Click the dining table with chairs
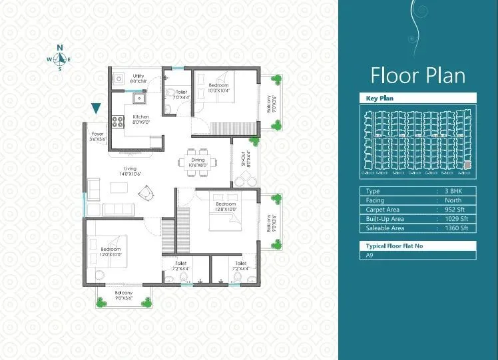click(198, 163)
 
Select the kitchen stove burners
click(119, 121)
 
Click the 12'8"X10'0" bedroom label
click(226, 206)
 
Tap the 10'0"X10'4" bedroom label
click(218, 88)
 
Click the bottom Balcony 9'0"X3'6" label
click(123, 295)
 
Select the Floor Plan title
click(417, 75)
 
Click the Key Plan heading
click(380, 98)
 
